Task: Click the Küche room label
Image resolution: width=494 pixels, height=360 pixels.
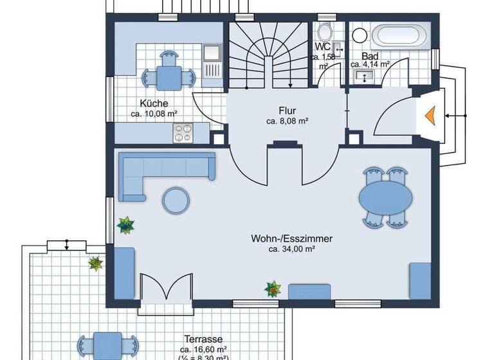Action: click(x=154, y=104)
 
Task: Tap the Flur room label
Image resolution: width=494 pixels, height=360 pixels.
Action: click(x=288, y=110)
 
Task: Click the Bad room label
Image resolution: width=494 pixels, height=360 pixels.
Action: click(x=369, y=56)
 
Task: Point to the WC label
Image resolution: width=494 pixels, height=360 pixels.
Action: click(x=322, y=48)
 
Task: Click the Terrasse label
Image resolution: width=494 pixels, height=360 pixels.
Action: click(x=203, y=339)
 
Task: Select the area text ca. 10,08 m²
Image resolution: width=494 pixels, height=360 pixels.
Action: click(x=154, y=114)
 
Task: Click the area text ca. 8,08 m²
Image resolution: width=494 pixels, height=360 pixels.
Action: click(x=288, y=120)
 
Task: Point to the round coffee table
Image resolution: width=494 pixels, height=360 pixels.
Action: click(x=176, y=200)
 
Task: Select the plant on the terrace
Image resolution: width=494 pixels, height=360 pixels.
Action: click(x=96, y=263)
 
